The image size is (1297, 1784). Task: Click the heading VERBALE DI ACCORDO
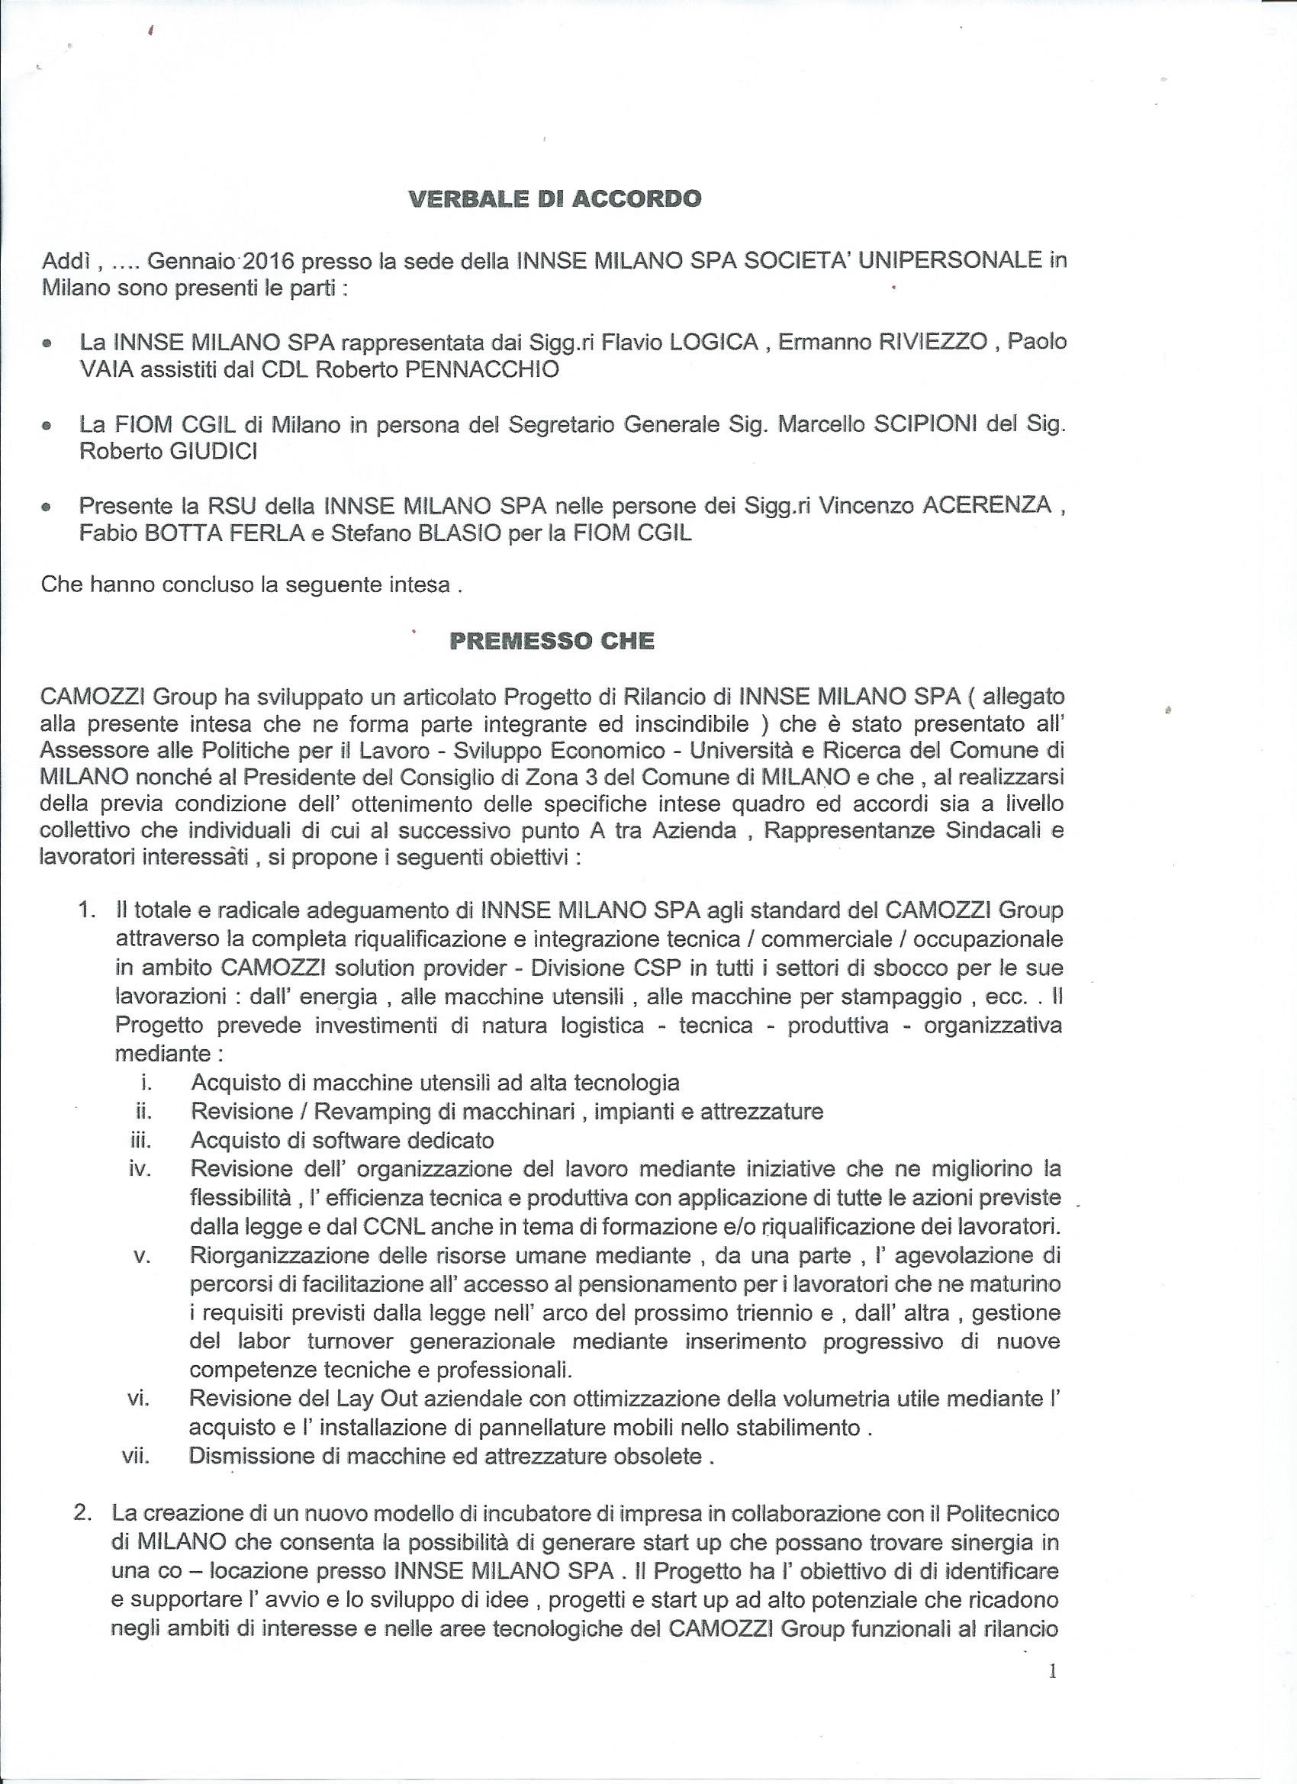555,198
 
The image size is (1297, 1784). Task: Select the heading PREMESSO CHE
552,641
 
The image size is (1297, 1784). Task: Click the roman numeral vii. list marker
137,1456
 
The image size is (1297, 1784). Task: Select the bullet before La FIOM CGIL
48,427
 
